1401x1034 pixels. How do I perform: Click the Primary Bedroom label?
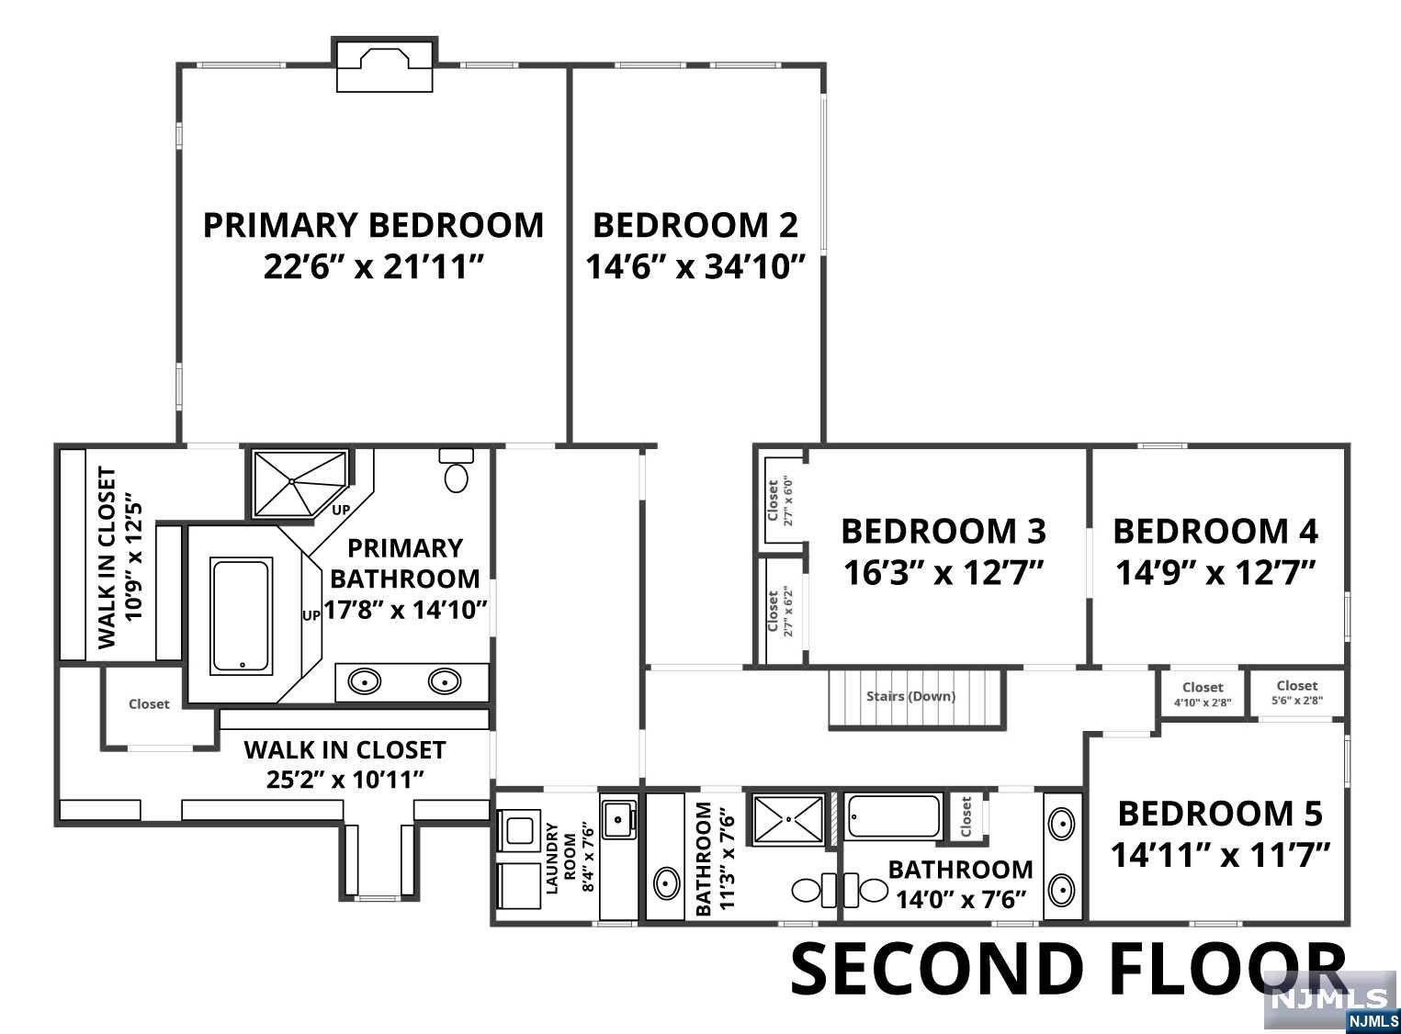[373, 226]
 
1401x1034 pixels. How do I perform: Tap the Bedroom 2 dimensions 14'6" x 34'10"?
[695, 266]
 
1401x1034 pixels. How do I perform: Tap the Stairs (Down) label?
[910, 697]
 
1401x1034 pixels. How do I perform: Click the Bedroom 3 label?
[943, 531]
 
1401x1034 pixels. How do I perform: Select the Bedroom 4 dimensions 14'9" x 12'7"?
[1215, 573]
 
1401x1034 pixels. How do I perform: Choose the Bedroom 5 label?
[1220, 813]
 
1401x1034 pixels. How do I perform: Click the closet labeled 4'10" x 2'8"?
[1203, 693]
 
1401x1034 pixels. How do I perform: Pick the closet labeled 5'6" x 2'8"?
[1297, 692]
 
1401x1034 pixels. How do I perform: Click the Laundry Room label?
[560, 857]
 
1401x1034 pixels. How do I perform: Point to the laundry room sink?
[618, 819]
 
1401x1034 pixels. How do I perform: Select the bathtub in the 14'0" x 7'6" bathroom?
[893, 816]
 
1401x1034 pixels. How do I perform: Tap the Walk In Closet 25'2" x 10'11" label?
[345, 764]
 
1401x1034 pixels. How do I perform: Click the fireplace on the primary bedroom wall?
[384, 66]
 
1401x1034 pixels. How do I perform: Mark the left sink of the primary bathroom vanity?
[365, 681]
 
